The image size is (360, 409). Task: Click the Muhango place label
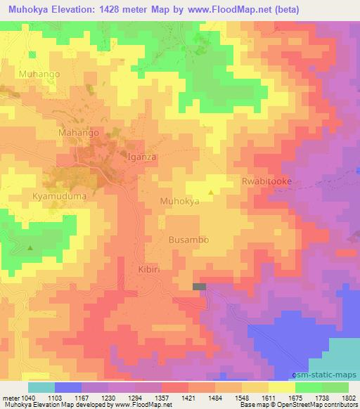tap(40, 73)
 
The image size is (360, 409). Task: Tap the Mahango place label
tap(78, 132)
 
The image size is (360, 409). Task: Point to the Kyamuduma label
tap(59, 197)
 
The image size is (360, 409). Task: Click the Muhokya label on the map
tap(179, 201)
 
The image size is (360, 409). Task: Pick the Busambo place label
tap(188, 240)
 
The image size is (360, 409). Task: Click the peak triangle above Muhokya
tap(212, 190)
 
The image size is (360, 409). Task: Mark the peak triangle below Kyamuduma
tap(30, 247)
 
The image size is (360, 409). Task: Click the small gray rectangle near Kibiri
tap(200, 287)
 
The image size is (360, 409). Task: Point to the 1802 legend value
tap(349, 398)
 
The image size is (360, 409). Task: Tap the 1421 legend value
tap(189, 398)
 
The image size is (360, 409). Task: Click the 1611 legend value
tap(269, 398)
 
